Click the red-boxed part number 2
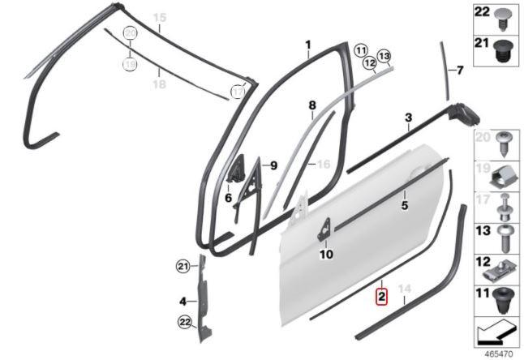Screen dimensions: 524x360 click(381, 297)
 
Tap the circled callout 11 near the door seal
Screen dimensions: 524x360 click(361, 51)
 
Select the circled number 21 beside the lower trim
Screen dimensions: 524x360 click(183, 267)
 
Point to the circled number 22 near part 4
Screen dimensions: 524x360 click(185, 322)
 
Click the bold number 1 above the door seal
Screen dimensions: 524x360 click(308, 45)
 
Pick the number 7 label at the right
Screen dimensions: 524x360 click(460, 71)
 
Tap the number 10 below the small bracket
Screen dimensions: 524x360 click(326, 255)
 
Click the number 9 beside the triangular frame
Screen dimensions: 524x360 click(273, 165)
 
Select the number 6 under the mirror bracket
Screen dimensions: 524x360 click(228, 198)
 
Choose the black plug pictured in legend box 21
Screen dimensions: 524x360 click(501, 51)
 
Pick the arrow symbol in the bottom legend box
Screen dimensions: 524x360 click(496, 332)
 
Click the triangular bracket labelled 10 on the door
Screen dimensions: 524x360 click(324, 229)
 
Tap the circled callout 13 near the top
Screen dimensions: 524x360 click(384, 56)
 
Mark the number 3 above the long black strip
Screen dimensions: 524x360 click(408, 118)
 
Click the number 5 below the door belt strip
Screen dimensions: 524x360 click(405, 204)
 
